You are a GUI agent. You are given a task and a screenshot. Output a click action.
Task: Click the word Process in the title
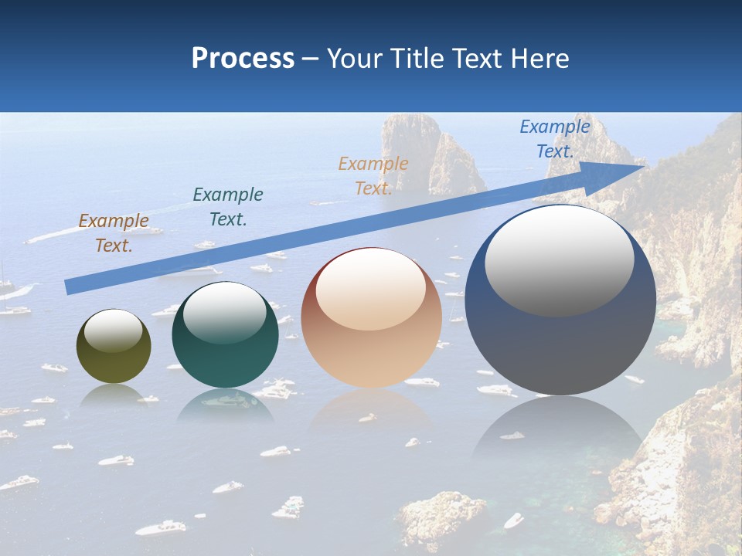[243, 59]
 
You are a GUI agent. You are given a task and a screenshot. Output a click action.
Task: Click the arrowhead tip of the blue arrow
[643, 166]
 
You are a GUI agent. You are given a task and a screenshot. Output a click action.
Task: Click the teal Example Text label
[228, 207]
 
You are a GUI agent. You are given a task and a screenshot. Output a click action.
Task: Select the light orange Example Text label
[373, 176]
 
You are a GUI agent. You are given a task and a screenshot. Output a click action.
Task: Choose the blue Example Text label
[555, 139]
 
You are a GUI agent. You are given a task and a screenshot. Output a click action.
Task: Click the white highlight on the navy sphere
[559, 260]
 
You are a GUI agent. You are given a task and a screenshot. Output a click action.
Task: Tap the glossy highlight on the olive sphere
[113, 331]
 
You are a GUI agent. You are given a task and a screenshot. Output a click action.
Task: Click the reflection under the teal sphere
[224, 405]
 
